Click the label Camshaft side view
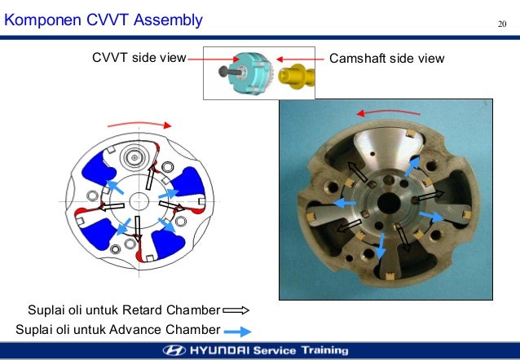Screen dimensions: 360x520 [386, 59]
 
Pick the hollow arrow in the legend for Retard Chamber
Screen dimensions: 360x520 [236, 310]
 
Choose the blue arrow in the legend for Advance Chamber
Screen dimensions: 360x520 [236, 330]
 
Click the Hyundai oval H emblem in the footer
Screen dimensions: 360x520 [174, 351]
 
